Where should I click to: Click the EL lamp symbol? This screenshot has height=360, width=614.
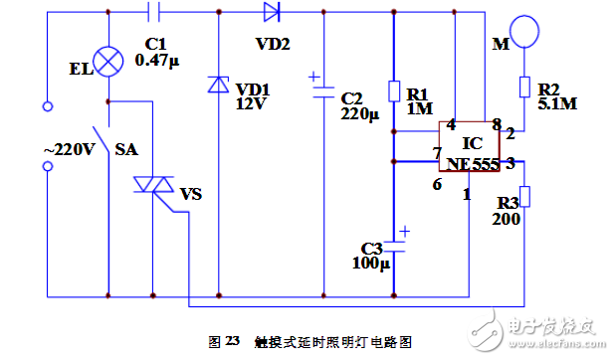pos(106,56)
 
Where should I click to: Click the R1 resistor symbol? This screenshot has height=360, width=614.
pos(393,91)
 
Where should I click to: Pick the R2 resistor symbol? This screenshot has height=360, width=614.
pos(524,87)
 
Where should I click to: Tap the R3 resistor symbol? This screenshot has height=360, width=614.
pos(524,196)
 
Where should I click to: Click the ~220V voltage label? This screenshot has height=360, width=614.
pos(69,149)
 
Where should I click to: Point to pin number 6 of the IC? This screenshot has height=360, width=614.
pos(436,184)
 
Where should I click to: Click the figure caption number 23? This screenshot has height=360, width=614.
pos(232,341)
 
